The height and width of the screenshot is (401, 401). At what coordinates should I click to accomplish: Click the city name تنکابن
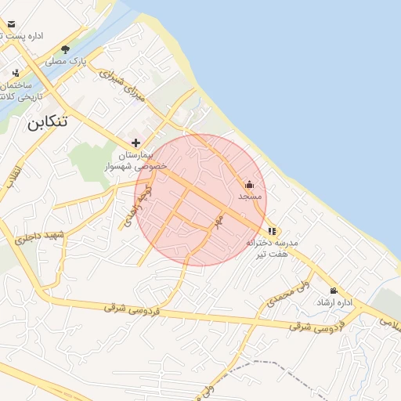click(46, 121)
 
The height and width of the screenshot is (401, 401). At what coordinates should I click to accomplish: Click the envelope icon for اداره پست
click(11, 24)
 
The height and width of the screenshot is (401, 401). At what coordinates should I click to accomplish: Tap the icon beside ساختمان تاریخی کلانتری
click(14, 73)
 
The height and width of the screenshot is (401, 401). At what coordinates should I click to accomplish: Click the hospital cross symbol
click(136, 143)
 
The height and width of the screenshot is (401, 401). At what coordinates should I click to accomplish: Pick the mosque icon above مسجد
click(250, 185)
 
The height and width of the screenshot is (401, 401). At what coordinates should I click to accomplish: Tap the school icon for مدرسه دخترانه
click(272, 231)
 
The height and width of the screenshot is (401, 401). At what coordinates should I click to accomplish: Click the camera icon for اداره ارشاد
click(334, 291)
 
